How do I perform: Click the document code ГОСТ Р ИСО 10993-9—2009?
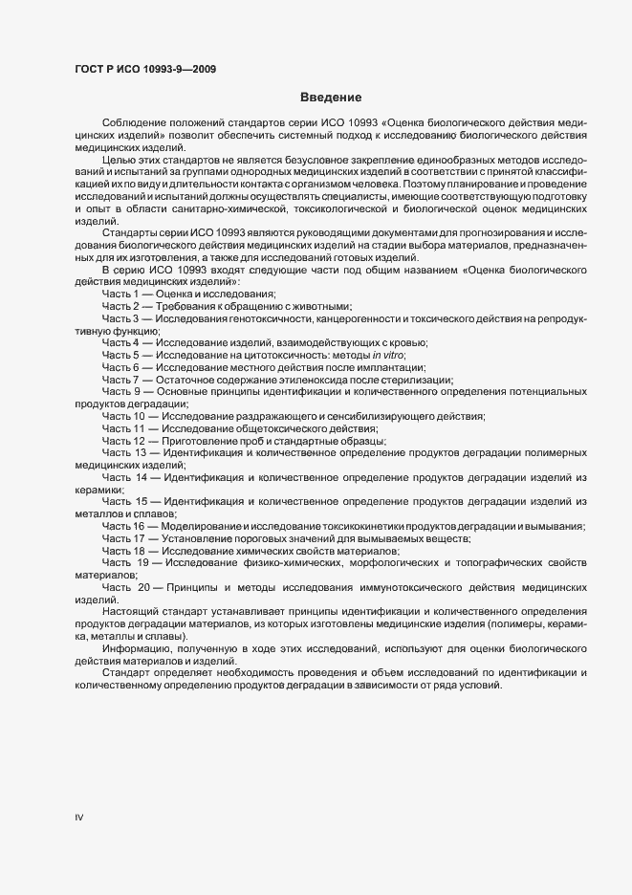(144, 69)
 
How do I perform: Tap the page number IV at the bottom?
(79, 818)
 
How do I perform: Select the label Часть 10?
(124, 416)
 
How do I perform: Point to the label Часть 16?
(124, 527)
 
